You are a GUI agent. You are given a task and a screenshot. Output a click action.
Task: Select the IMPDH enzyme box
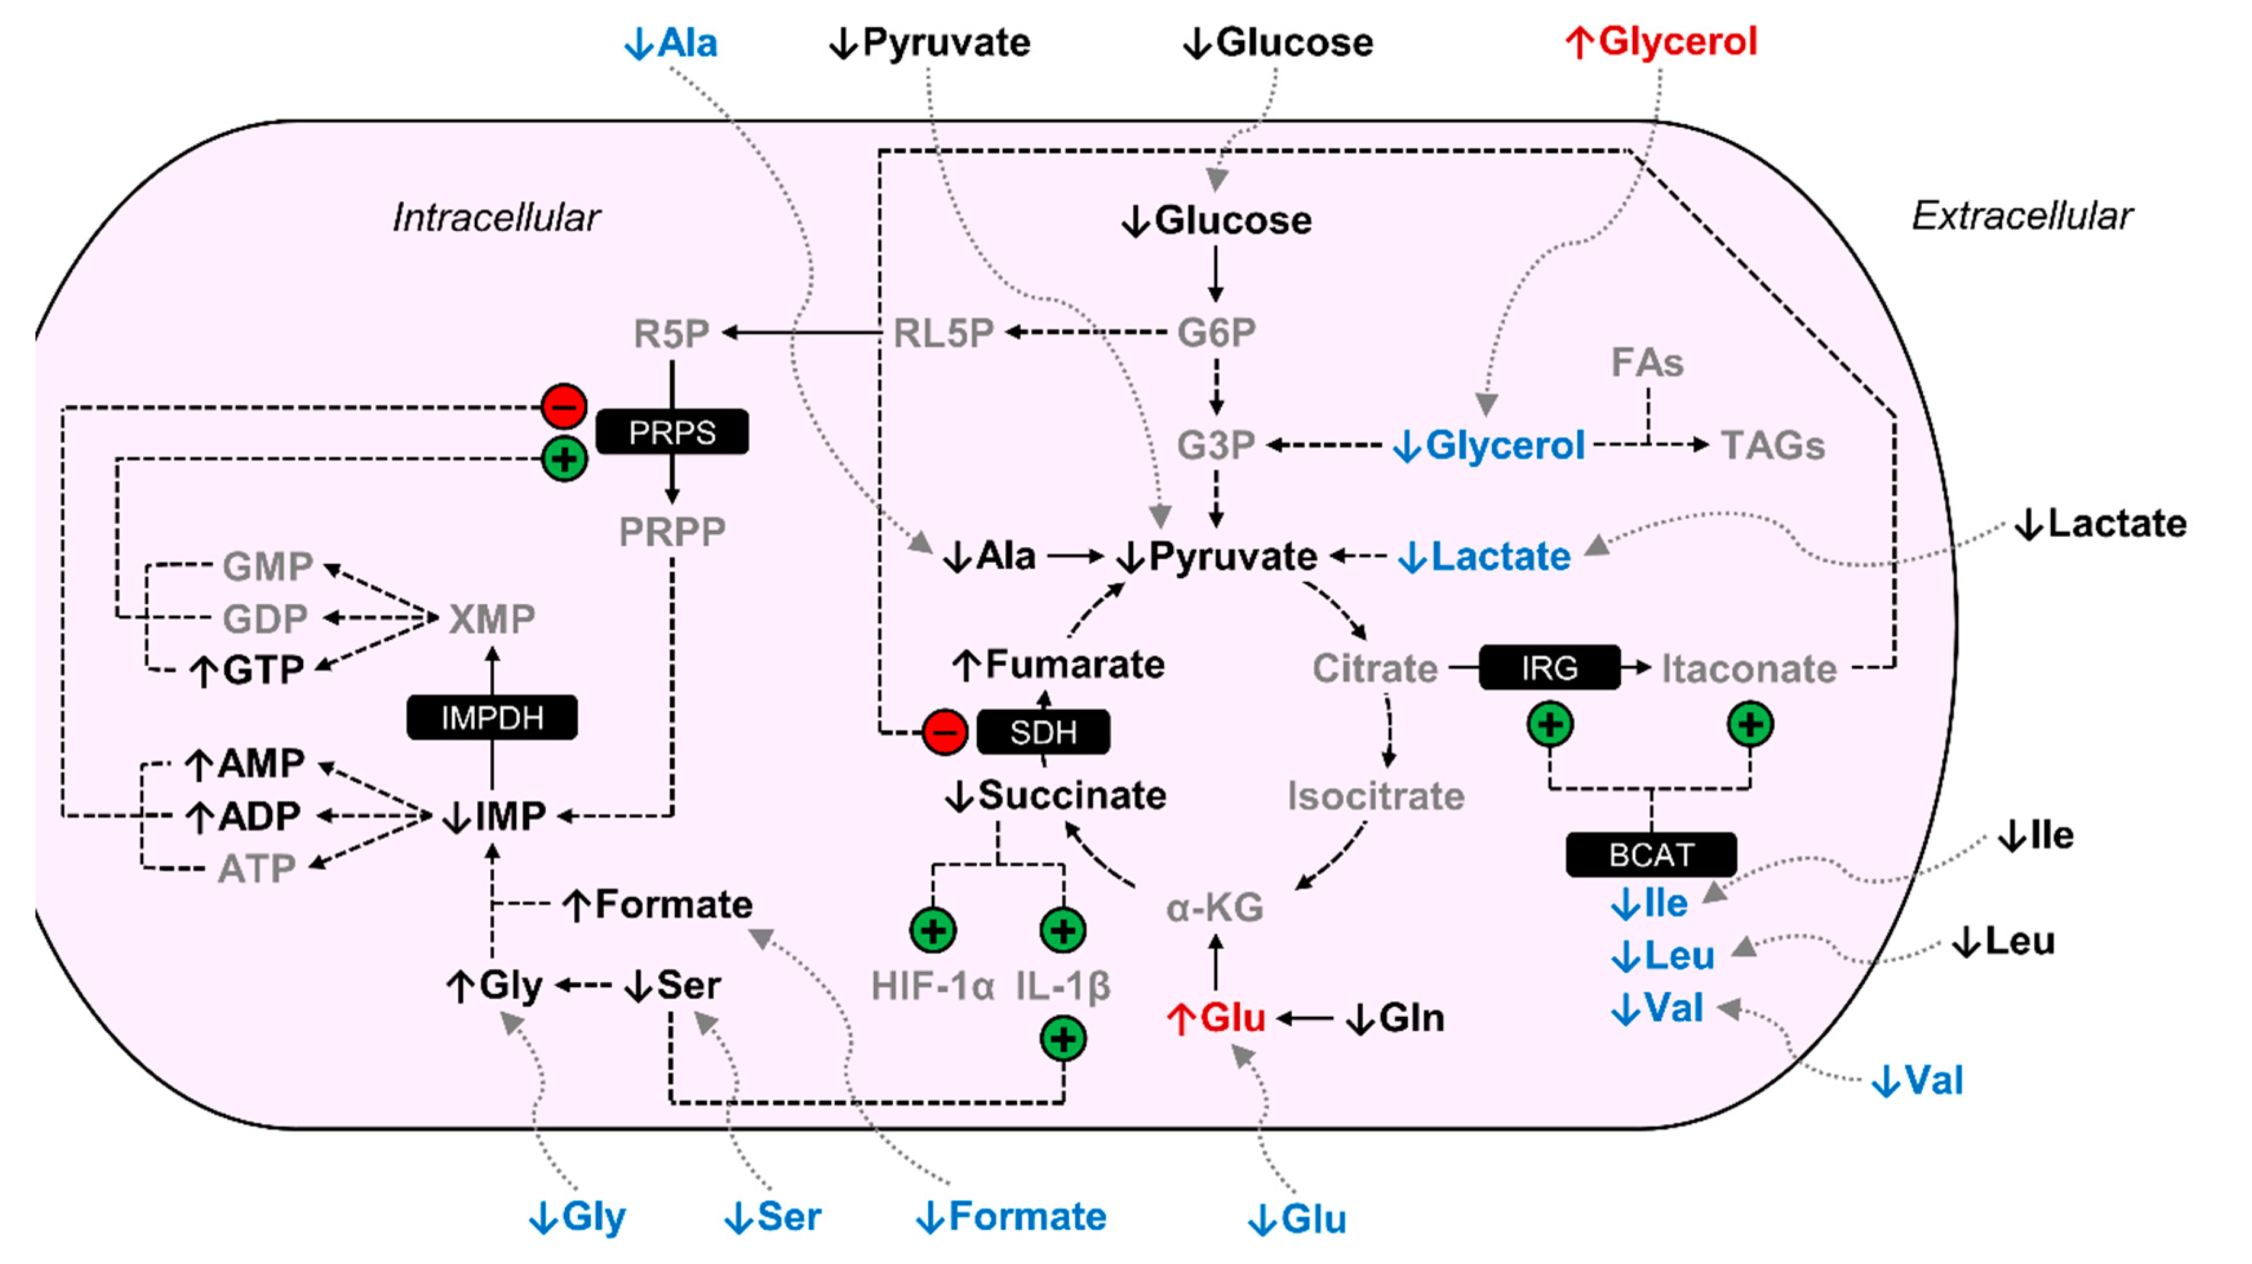tap(492, 718)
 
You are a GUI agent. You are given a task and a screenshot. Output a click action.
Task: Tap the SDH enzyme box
tap(1043, 731)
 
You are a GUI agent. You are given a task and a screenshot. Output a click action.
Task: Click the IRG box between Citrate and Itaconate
tap(1549, 668)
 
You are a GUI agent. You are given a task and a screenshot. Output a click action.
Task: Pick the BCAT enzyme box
tap(1651, 854)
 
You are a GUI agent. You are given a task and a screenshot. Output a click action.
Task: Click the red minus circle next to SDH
tap(945, 731)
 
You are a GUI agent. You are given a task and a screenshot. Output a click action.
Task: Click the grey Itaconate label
tap(1748, 669)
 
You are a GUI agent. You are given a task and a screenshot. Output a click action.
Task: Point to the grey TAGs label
tap(1772, 445)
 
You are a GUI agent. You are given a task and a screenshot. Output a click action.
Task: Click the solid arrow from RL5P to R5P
tap(800, 332)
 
